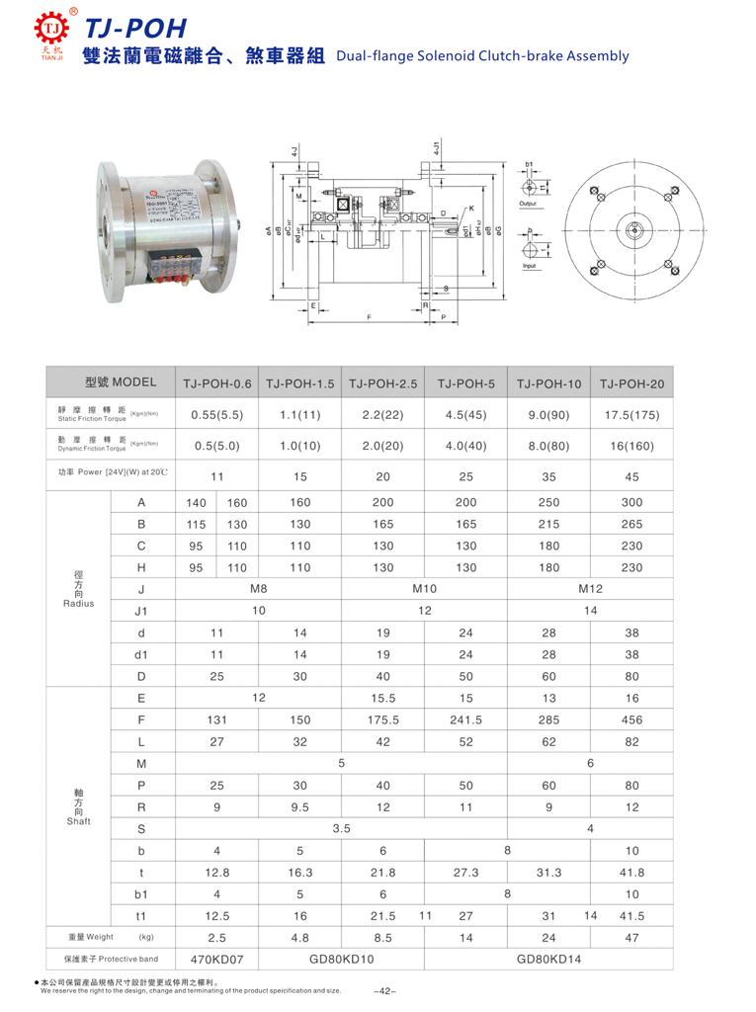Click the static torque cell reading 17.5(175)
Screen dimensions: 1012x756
(631, 414)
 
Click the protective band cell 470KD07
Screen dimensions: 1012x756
(216, 958)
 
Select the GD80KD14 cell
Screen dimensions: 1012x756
(548, 958)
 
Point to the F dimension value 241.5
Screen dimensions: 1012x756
(464, 719)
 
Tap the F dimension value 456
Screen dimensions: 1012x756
(631, 719)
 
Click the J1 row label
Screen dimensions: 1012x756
(141, 611)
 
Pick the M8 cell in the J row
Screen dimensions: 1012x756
(258, 590)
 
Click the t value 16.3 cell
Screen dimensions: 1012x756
(299, 873)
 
